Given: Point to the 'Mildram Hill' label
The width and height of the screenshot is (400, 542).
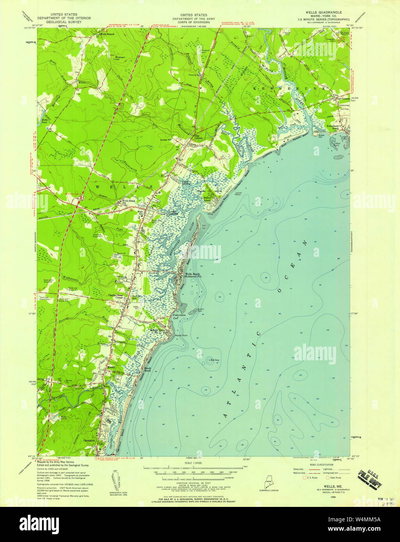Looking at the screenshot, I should [119, 58].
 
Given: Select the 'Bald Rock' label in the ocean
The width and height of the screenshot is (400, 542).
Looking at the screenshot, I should [214, 360].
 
